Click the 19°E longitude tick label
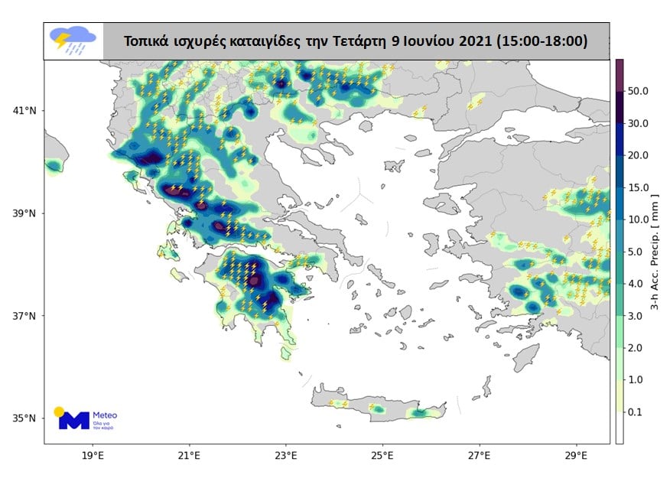coord(93,456)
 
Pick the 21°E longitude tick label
coord(189,456)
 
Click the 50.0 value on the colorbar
coord(639,91)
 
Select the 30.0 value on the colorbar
coord(639,123)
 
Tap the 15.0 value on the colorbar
coord(639,187)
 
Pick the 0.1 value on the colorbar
coord(636,412)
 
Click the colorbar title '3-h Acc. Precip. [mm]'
coord(655,252)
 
